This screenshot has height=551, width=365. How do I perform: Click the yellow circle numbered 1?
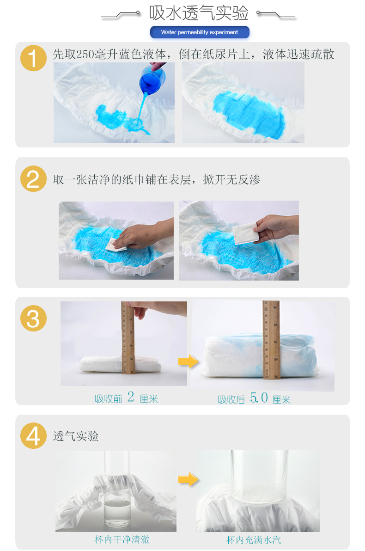coord(33,58)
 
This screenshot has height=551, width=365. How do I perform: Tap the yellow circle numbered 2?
coord(33,178)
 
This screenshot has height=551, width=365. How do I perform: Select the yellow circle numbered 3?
coord(33,318)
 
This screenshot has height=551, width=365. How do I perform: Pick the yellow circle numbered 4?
coord(33,436)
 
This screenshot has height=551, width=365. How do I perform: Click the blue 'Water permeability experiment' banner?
coord(200,32)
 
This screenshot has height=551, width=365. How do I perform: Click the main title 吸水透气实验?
coord(199,13)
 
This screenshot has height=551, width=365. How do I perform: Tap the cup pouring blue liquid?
coord(152,78)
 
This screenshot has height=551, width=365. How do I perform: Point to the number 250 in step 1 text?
coord(85,55)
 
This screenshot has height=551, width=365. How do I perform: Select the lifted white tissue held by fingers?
coord(245,234)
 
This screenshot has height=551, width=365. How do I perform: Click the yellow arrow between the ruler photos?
coord(189,361)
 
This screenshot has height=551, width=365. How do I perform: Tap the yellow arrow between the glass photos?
coord(189,479)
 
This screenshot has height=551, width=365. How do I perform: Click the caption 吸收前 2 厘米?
coord(126,398)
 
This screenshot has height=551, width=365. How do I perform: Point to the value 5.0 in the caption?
coord(259,398)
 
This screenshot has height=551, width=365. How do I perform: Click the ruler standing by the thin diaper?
coord(128,338)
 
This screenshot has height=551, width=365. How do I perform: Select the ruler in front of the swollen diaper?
coord(271,340)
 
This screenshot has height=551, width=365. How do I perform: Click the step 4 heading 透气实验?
coord(75,436)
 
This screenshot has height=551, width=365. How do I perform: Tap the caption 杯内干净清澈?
coord(122,539)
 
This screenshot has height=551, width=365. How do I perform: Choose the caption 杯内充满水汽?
coord(254,540)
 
